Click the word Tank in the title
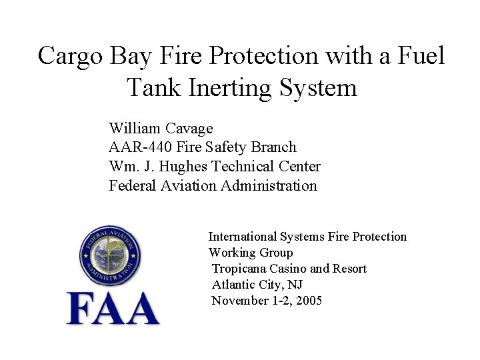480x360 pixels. tap(153, 87)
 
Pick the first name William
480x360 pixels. tap(133, 128)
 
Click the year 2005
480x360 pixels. tap(309, 301)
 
